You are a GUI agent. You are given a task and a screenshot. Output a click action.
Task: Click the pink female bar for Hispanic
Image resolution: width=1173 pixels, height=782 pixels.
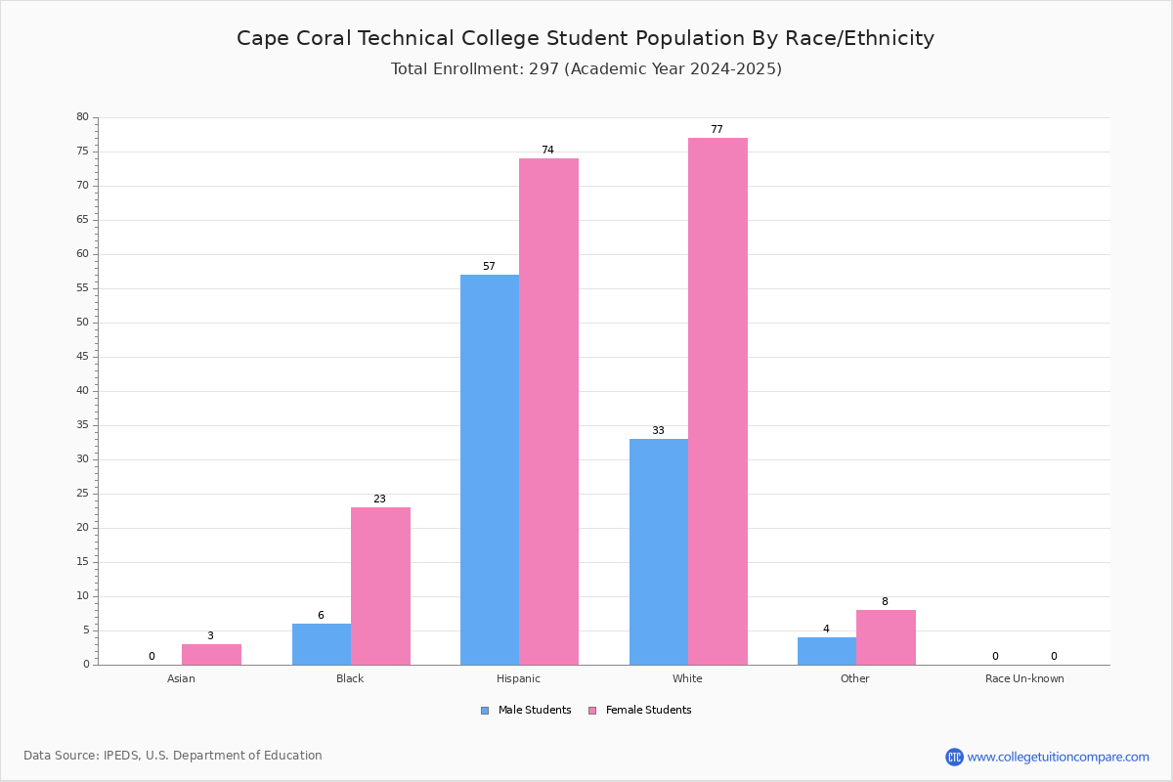[548, 411]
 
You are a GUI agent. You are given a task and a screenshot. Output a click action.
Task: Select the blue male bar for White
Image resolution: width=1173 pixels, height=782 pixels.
[659, 551]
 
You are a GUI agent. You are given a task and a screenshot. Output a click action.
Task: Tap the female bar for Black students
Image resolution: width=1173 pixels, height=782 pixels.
[380, 586]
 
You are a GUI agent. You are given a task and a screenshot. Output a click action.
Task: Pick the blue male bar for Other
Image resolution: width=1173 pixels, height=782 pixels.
[827, 651]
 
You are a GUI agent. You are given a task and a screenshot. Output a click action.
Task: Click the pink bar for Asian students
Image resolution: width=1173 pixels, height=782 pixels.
[211, 654]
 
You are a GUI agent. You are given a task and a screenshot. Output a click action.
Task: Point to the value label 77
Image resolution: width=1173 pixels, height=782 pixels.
[717, 129]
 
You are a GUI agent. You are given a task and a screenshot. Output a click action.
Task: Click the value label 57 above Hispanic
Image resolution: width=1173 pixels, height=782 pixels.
[489, 266]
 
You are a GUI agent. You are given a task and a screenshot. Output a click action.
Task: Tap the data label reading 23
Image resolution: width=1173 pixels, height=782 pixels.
[379, 499]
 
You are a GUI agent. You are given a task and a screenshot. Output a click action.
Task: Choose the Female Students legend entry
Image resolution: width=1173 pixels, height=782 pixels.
[640, 711]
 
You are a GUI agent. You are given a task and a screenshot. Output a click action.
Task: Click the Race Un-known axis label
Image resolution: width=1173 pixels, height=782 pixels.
[1024, 678]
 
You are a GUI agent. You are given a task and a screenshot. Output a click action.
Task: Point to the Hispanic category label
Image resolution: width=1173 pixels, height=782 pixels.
[518, 678]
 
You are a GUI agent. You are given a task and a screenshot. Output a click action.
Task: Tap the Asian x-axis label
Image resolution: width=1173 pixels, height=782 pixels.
[181, 678]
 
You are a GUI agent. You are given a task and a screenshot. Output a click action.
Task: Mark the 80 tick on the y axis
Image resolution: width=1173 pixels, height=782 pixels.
[82, 117]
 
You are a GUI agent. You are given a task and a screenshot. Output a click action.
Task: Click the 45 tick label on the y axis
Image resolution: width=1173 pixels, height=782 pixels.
[82, 357]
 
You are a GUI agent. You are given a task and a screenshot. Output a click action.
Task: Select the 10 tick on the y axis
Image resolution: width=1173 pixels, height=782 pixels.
[82, 596]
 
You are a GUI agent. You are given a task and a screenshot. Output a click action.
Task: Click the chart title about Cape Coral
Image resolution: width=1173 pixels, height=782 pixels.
[586, 38]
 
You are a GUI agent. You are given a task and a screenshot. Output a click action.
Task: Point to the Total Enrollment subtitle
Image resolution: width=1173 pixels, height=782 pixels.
[586, 68]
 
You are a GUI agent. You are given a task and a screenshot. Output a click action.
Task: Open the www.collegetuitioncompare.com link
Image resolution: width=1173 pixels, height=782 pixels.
[1058, 757]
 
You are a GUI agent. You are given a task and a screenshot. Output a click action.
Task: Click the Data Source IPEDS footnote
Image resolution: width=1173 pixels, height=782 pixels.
[173, 756]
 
